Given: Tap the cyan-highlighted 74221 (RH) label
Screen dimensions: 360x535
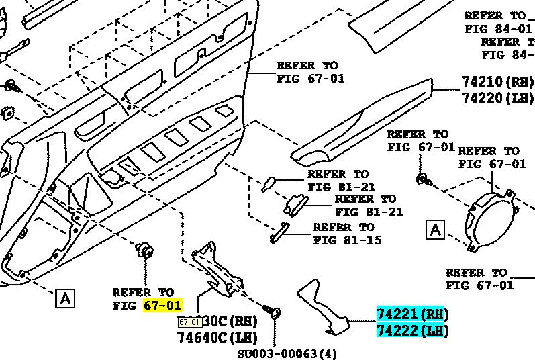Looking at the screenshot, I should click(411, 314).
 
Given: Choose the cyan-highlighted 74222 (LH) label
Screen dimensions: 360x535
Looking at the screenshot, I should click(411, 330).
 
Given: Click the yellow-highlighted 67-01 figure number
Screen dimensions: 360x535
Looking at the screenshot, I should click(162, 305).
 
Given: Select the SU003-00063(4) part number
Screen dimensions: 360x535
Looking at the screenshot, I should click(287, 353).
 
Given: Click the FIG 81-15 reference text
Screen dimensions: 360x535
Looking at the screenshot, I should click(347, 240).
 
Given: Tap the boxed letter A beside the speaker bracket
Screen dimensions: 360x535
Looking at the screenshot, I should click(436, 230).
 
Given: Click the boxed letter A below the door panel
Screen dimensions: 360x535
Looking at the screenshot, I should click(65, 298).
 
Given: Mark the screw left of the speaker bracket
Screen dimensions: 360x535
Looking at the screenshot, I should click(423, 179).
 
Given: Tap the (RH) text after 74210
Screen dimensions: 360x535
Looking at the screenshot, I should click(520, 81).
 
